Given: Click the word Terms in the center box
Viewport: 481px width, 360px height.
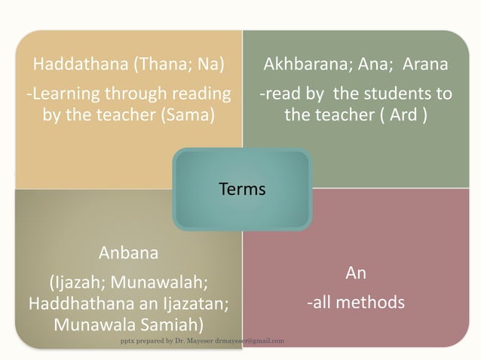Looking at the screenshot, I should click(241, 189).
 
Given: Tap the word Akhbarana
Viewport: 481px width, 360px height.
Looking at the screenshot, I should click(302, 64).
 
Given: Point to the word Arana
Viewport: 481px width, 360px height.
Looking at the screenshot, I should click(425, 64).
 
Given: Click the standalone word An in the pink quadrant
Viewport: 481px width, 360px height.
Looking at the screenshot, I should click(355, 273).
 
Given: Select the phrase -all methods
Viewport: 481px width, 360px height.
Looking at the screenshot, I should click(355, 303).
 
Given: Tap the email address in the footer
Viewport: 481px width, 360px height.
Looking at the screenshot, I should click(249, 341).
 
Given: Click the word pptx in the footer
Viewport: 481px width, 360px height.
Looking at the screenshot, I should click(128, 341).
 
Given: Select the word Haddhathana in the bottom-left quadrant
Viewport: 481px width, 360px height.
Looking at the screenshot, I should click(73, 304).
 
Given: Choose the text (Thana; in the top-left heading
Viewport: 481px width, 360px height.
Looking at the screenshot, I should click(159, 64).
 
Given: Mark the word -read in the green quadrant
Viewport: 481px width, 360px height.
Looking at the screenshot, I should click(278, 94).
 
